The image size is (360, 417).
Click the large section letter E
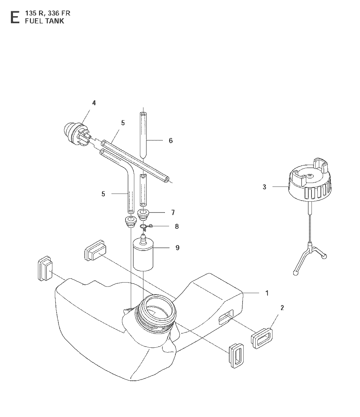pos(15,17)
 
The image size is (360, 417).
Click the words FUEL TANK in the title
pos(45,21)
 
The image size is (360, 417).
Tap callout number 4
pos(94,103)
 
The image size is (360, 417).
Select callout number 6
pos(171,140)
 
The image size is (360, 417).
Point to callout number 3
pos(264,187)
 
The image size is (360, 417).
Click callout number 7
pos(173,213)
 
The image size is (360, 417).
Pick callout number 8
pos(177,226)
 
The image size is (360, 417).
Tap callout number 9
pos(178,248)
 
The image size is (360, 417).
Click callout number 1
pos(267,293)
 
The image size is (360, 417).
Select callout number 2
pos(282,308)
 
